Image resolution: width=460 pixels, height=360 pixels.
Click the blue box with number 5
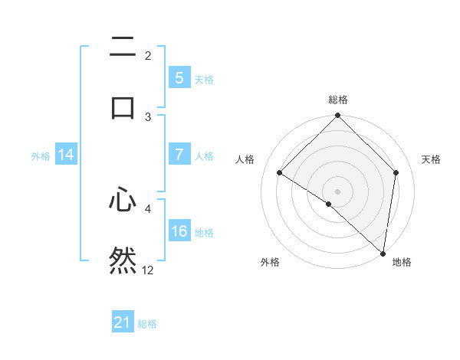(179, 77)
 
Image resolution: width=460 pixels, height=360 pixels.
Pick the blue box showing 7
(179, 155)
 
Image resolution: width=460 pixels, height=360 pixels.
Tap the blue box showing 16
(179, 231)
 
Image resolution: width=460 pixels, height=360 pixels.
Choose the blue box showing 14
(66, 155)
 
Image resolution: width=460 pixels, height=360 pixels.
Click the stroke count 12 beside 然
(148, 270)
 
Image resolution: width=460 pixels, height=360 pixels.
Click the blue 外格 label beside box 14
(41, 155)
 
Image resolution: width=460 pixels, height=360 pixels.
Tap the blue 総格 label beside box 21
(147, 324)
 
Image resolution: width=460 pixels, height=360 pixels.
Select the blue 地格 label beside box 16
(204, 232)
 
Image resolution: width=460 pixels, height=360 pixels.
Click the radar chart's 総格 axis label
(338, 100)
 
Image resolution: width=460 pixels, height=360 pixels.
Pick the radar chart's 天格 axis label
(431, 159)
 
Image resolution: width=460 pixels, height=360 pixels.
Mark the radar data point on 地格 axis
(383, 253)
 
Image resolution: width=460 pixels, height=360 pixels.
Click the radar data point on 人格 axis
(280, 173)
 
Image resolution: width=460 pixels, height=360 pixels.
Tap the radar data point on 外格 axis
(329, 204)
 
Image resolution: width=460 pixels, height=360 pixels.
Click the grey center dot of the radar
(338, 191)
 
